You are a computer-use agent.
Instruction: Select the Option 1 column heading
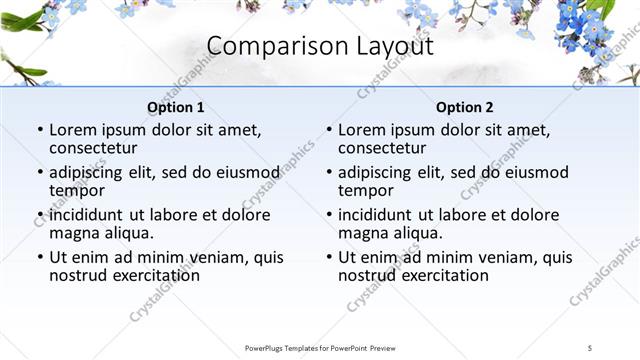(x=175, y=107)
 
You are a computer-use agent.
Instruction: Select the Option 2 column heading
(x=464, y=107)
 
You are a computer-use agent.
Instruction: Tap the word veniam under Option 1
(x=217, y=257)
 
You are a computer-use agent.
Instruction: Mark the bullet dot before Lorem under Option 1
(x=40, y=131)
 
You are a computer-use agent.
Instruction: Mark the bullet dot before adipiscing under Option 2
(x=329, y=173)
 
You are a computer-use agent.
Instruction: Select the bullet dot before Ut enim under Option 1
(x=40, y=257)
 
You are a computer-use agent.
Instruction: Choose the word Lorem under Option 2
(x=361, y=131)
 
